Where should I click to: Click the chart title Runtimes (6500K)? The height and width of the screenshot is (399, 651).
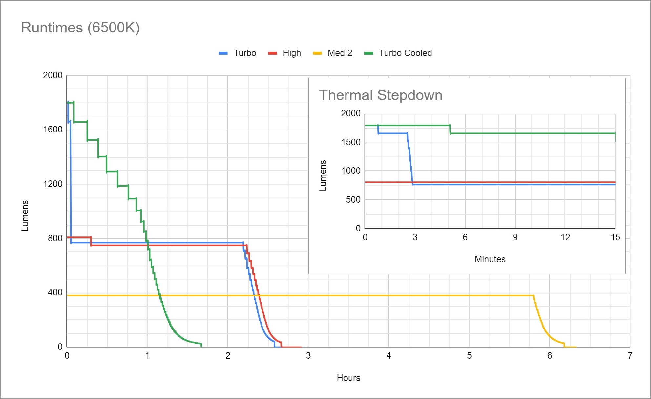coord(80,28)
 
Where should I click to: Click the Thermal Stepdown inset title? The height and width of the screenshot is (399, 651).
coord(381,95)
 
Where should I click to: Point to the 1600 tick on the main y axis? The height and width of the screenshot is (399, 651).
coord(53,130)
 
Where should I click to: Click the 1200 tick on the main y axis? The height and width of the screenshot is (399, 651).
coord(53,184)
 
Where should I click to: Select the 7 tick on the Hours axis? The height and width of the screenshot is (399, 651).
coord(630,356)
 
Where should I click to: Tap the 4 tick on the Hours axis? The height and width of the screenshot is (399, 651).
coord(388,356)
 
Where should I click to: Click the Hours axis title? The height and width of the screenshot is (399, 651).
coord(348,378)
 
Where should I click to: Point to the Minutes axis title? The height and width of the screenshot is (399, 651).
coord(490,259)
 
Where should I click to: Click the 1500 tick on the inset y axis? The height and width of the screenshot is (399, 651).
coord(351,142)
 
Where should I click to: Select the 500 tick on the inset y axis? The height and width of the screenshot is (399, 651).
coord(353,200)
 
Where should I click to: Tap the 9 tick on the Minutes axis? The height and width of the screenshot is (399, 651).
coord(515,237)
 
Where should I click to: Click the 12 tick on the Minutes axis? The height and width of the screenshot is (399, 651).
coord(565,237)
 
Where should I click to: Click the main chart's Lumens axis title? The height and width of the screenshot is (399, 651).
coord(25,216)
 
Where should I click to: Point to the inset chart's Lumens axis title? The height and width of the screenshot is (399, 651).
coord(323,175)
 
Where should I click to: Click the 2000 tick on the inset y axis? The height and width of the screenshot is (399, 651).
coord(351,113)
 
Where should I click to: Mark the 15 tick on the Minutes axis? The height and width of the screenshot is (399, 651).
coord(615,237)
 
